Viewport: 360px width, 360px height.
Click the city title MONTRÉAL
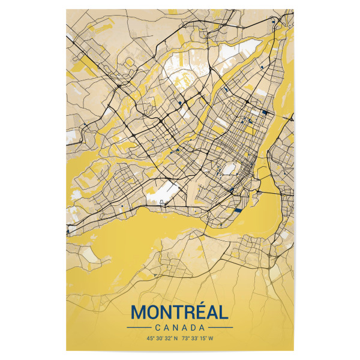coord(179,313)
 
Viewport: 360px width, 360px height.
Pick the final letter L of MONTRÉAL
coord(223,313)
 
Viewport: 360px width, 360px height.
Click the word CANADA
coord(179,328)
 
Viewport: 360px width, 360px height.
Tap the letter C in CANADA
coord(157,328)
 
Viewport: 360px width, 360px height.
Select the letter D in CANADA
coord(193,328)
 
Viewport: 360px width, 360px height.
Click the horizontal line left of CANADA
coord(138,328)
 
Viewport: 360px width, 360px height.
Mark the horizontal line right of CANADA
coord(220,328)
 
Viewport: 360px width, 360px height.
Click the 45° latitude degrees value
coord(150,338)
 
